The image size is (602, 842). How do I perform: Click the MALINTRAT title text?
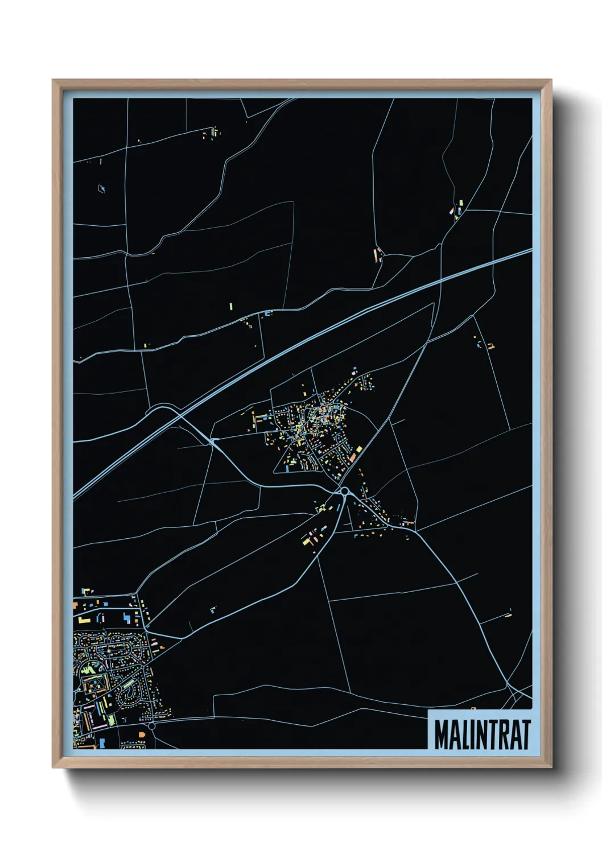[x=482, y=734]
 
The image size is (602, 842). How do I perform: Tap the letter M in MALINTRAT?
[x=441, y=734]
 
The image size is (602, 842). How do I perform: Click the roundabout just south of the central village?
[x=344, y=491]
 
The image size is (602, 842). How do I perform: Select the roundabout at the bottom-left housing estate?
[x=151, y=725]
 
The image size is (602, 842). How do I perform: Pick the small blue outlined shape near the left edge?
[x=102, y=188]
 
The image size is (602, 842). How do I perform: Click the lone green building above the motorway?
[x=231, y=307]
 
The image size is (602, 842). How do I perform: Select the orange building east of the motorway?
[x=490, y=345]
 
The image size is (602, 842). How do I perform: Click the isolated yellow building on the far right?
[x=509, y=614]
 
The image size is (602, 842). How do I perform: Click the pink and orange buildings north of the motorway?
[x=377, y=254]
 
